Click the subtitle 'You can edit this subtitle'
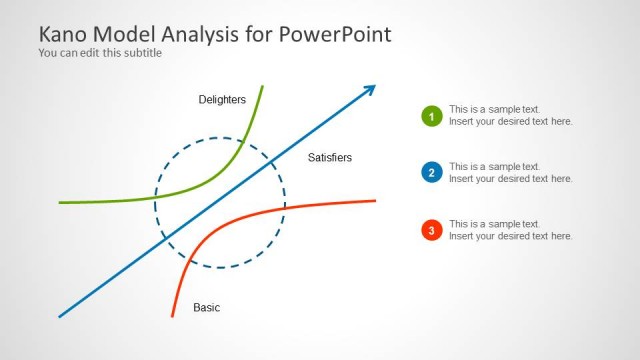100,53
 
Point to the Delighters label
222,99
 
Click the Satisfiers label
330,157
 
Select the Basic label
206,307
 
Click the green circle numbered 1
432,116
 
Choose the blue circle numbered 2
432,173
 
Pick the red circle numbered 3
432,230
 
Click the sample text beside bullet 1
510,115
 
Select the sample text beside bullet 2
510,172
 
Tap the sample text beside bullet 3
510,230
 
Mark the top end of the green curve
262,87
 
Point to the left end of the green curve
60,202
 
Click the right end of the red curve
375,201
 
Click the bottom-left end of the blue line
60,317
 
